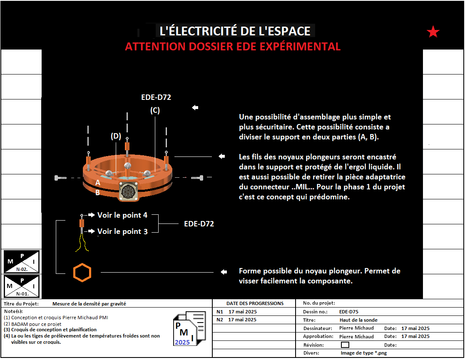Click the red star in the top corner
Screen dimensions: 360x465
coord(433,32)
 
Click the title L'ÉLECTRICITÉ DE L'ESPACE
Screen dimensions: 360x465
coord(235,31)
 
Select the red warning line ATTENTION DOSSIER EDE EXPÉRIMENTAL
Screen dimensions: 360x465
coord(233,46)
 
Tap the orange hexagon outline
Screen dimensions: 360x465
coord(82,272)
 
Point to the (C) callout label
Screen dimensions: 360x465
coord(155,111)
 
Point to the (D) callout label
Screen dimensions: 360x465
coord(116,136)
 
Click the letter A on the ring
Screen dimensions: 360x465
coord(98,183)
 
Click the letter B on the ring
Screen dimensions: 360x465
coord(97,193)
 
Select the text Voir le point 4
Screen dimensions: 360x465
coord(122,215)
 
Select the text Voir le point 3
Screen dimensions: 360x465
coord(122,231)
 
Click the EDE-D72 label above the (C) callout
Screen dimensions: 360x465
coord(156,97)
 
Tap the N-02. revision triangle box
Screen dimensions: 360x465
coord(22,261)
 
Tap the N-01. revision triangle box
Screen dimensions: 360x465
coord(22,286)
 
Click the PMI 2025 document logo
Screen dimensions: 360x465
coord(189,328)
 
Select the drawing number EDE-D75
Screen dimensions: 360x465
coord(348,311)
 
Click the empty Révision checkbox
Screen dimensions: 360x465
coord(345,345)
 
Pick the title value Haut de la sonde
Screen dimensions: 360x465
coord(358,320)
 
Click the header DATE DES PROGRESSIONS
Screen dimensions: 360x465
coord(255,303)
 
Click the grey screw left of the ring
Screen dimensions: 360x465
coord(60,178)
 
